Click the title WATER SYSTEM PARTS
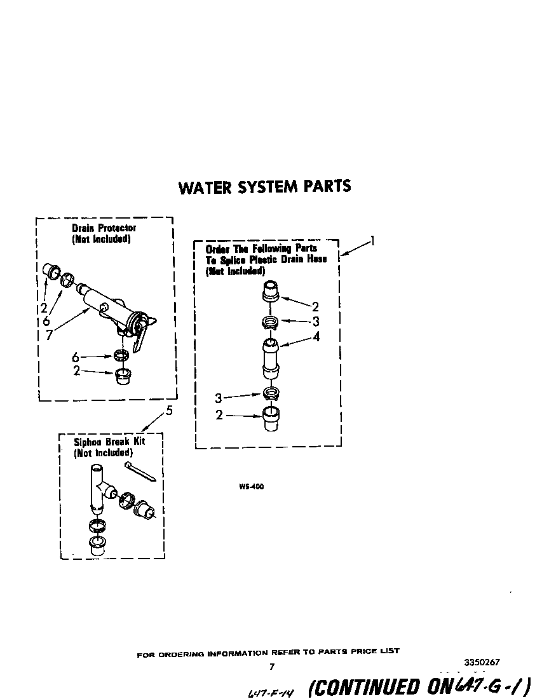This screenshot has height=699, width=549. [264, 187]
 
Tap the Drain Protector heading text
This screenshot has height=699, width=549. [104, 227]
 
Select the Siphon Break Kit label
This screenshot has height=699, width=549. [109, 441]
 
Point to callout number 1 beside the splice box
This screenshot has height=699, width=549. [373, 241]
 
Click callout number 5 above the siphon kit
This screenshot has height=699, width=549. [169, 411]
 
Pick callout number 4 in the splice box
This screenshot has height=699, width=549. [316, 337]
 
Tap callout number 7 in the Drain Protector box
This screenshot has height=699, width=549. [50, 334]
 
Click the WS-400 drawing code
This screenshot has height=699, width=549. [252, 487]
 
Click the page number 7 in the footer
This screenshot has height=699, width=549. [271, 667]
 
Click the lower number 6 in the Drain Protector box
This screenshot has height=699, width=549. [76, 358]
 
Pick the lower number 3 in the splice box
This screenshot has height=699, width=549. [219, 398]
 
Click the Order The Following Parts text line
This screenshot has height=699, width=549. [262, 248]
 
